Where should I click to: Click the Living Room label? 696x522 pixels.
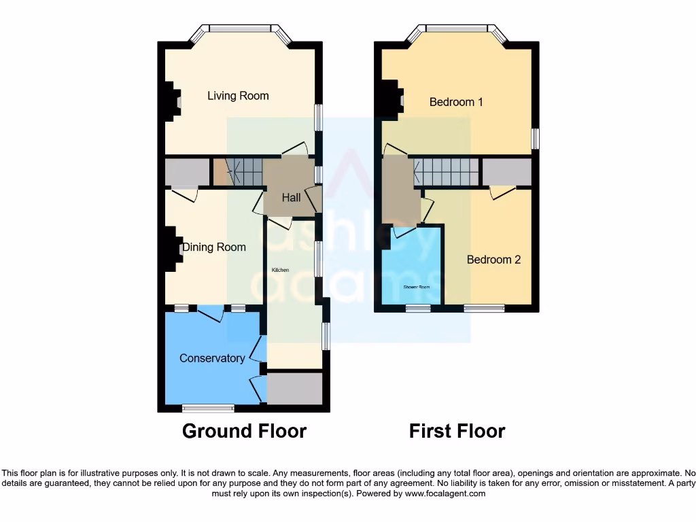[x=238, y=96]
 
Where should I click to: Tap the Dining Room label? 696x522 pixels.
[x=213, y=247]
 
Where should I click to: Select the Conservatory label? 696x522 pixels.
[x=212, y=358]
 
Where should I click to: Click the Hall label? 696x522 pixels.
[x=292, y=198]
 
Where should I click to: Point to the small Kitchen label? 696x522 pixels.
[x=280, y=270]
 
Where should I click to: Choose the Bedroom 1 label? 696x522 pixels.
[x=456, y=102]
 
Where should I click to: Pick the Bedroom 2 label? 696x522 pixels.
[x=493, y=260]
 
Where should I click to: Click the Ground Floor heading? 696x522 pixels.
[x=244, y=431]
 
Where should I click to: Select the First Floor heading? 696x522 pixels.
[x=457, y=431]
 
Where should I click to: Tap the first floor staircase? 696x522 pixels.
[x=445, y=171]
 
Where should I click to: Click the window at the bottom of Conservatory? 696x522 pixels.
[x=208, y=408]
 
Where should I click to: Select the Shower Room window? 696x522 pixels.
[x=418, y=309]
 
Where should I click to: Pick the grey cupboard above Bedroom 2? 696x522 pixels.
[x=506, y=173]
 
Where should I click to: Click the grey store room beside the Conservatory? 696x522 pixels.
[x=294, y=388]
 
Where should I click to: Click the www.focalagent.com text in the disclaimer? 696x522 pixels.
[x=445, y=494]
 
